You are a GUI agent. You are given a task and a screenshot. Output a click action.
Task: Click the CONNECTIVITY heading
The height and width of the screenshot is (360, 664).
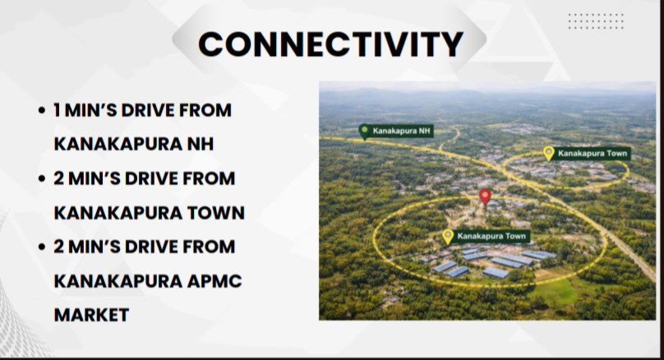[x=330, y=44]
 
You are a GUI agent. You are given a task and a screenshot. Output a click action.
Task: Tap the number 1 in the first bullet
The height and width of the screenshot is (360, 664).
[x=57, y=110]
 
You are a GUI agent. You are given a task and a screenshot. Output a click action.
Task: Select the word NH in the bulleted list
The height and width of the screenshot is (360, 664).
[x=201, y=144]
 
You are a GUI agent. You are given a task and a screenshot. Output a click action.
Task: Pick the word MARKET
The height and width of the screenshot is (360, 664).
[x=91, y=315]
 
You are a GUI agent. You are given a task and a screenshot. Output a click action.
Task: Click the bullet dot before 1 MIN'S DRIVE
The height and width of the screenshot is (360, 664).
[x=41, y=110]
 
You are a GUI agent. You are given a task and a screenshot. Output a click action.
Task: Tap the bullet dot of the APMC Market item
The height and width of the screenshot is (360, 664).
[x=41, y=247]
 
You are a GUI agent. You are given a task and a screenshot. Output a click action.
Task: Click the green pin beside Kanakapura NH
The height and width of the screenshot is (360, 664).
[x=364, y=132]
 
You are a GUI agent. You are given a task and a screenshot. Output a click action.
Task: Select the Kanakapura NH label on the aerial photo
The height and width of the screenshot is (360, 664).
[x=401, y=131]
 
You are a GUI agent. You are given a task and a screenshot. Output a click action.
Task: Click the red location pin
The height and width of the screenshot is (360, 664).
[x=485, y=198]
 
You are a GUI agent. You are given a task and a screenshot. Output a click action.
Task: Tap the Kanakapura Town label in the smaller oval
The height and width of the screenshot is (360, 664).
[x=592, y=154]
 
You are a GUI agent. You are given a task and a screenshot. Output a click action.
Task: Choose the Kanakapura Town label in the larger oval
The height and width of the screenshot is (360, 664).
[x=491, y=237]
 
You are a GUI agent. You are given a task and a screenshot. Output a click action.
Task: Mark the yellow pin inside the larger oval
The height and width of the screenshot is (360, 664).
[x=448, y=237]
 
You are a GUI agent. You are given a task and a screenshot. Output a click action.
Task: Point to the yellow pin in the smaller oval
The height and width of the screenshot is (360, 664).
[x=548, y=154]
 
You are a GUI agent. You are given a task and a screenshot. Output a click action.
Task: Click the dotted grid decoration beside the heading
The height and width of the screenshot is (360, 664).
[x=596, y=21]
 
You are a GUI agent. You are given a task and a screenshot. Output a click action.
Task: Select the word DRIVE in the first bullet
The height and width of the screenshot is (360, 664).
[x=148, y=110]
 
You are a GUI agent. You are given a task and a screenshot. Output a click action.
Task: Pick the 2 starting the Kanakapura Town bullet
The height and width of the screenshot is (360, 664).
[x=58, y=178]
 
